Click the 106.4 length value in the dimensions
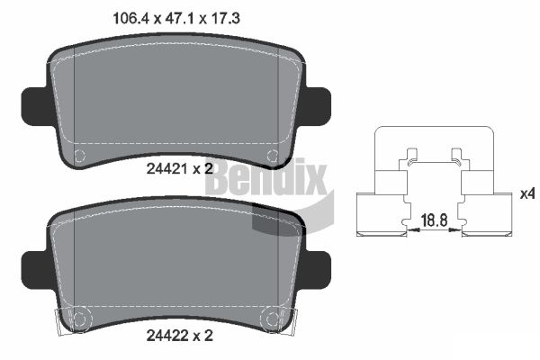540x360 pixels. pyautogui.click(x=130, y=18)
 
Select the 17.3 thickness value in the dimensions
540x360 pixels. pyautogui.click(x=225, y=18)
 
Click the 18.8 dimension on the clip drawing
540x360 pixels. pyautogui.click(x=434, y=220)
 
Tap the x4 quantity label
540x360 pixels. pyautogui.click(x=527, y=194)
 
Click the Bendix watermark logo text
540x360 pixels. pyautogui.click(x=267, y=177)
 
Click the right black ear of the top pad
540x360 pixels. pyautogui.click(x=318, y=106)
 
